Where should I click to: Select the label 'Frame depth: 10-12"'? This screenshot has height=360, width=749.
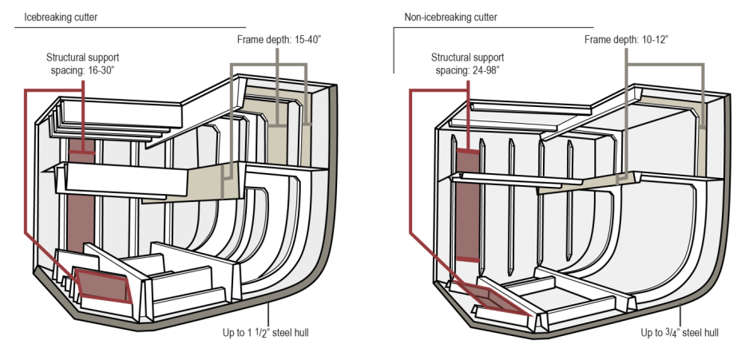point(624,38)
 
